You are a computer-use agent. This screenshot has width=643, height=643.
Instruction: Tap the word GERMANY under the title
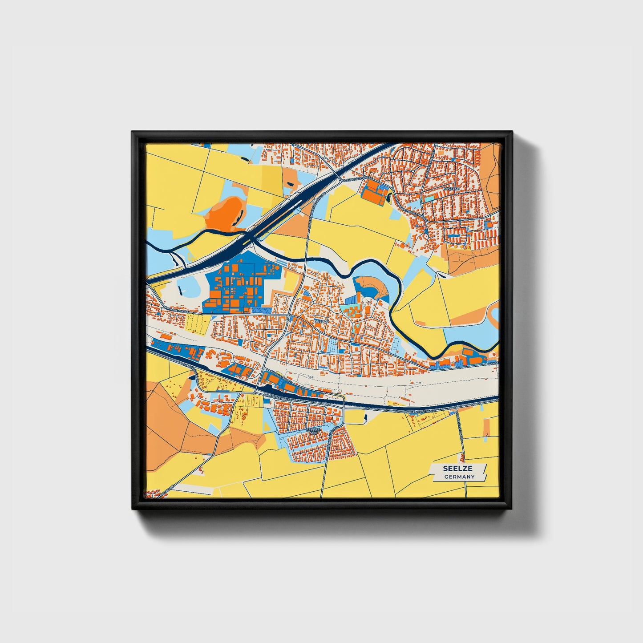tap(459, 477)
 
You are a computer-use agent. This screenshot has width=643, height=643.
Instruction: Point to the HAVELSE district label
tap(451, 189)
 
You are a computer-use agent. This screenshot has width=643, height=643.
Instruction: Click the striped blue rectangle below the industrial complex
tap(262, 309)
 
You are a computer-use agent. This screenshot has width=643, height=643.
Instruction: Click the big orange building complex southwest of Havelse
tap(374, 194)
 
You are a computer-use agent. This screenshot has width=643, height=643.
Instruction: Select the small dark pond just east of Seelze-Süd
tap(365, 417)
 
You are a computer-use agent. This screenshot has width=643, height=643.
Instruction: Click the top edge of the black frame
tap(321, 134)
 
